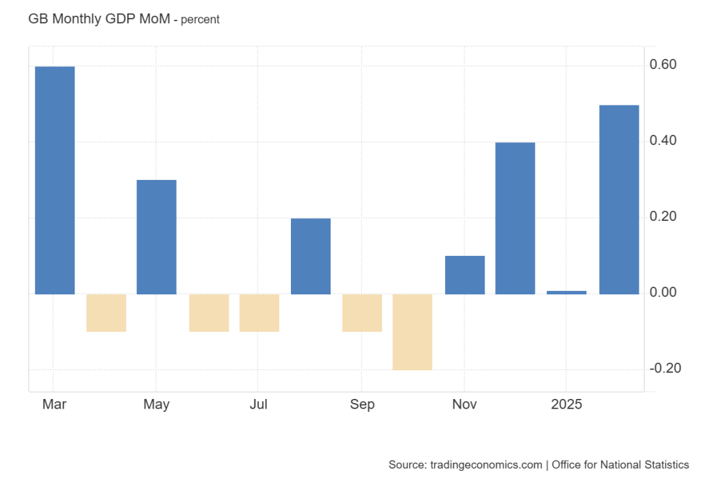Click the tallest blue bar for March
[55, 180]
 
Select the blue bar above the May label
[157, 237]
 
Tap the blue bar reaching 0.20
[311, 256]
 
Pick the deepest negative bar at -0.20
[412, 332]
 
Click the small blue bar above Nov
[465, 275]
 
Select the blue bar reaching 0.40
[515, 218]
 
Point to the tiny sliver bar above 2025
[567, 292]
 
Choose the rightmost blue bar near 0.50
[619, 199]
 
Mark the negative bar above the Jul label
[259, 313]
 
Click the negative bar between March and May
[106, 313]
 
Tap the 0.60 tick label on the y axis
[663, 65]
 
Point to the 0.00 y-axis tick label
[663, 293]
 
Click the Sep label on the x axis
[362, 404]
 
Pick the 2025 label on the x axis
[567, 404]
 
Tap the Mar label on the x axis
[54, 404]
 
